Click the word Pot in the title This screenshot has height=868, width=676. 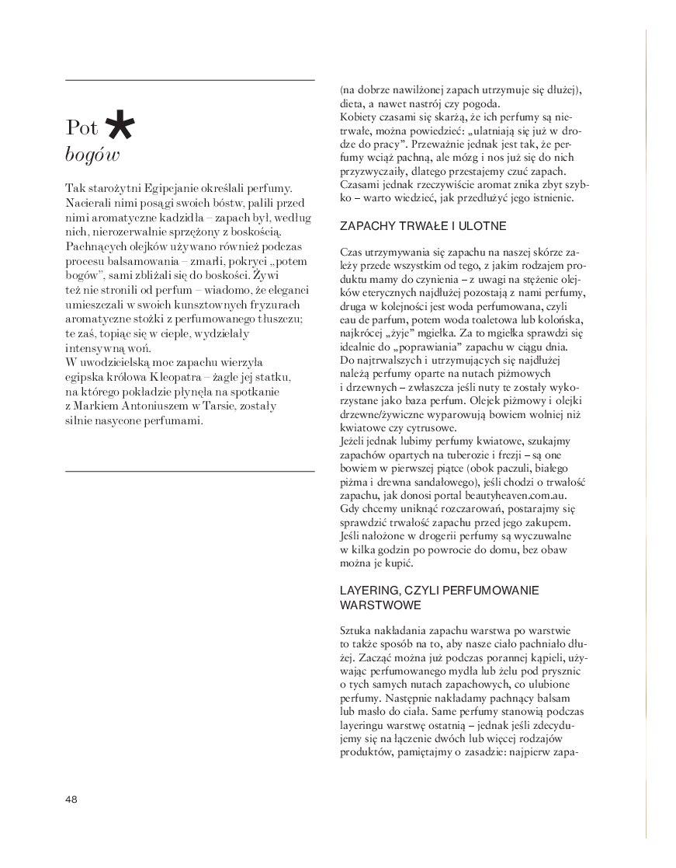tap(81, 127)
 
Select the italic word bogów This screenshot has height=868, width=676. tap(92, 154)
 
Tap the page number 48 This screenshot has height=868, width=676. tap(72, 799)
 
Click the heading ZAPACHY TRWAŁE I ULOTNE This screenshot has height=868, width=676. tap(422, 226)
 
